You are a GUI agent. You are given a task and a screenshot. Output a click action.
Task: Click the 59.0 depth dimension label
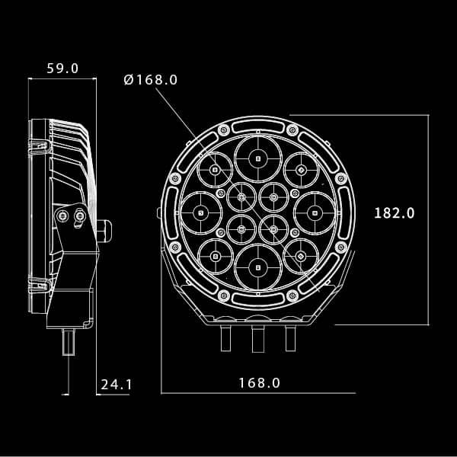pyautogui.click(x=62, y=68)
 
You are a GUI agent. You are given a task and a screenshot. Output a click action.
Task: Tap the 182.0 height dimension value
pyautogui.click(x=394, y=213)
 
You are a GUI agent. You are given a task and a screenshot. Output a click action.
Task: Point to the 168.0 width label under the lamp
pyautogui.click(x=259, y=383)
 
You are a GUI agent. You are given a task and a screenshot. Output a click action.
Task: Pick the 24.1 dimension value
pyautogui.click(x=117, y=385)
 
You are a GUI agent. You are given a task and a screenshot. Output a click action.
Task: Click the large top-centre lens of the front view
pyautogui.click(x=258, y=158)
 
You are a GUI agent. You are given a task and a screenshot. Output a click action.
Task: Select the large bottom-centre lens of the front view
pyautogui.click(x=258, y=267)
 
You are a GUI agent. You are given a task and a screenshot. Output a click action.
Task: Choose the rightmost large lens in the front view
pyautogui.click(x=314, y=213)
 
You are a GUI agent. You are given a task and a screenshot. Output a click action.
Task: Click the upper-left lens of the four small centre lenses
pyautogui.click(x=241, y=198)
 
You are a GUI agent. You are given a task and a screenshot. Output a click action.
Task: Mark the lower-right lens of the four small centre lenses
pyautogui.click(x=274, y=228)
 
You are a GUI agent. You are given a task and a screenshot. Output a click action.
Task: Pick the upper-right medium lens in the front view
pyautogui.click(x=302, y=169)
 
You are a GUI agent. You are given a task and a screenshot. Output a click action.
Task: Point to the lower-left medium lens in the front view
pyautogui.click(x=215, y=256)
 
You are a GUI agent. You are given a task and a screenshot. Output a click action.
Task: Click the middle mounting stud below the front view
pyautogui.click(x=258, y=337)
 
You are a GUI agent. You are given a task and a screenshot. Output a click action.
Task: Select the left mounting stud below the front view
pyautogui.click(x=226, y=336)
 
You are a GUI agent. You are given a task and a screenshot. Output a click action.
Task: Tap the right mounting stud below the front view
pyautogui.click(x=290, y=336)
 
